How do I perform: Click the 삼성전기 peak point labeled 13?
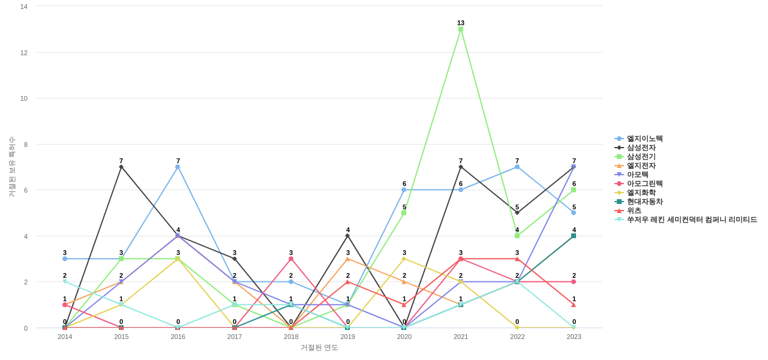pyautogui.click(x=461, y=29)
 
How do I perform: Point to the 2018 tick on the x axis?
pyautogui.click(x=291, y=337)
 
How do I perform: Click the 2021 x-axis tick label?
pyautogui.click(x=461, y=337)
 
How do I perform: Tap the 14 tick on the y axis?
pyautogui.click(x=24, y=7)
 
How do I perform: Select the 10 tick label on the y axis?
pyautogui.click(x=24, y=98)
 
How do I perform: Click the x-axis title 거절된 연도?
pyautogui.click(x=319, y=347)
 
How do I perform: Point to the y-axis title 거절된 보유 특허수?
pyautogui.click(x=11, y=167)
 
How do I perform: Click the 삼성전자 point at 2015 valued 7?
pyautogui.click(x=121, y=167)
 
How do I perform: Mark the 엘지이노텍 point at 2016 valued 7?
pyautogui.click(x=178, y=167)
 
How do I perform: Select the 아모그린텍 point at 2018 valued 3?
pyautogui.click(x=291, y=259)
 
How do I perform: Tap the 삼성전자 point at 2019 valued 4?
pyautogui.click(x=347, y=236)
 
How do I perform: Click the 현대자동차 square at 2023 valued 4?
pyautogui.click(x=574, y=236)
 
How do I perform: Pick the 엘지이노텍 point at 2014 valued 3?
pyautogui.click(x=65, y=259)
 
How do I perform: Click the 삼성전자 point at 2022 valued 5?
pyautogui.click(x=517, y=212)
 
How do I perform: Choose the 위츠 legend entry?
pyautogui.click(x=634, y=211)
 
